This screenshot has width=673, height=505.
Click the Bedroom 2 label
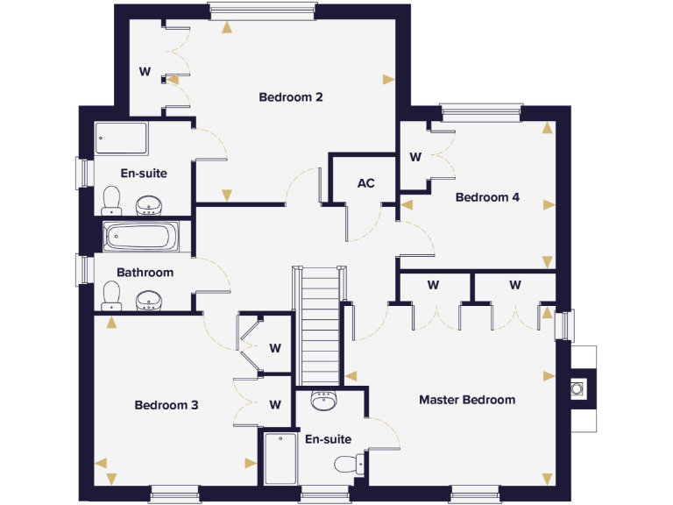(291, 96)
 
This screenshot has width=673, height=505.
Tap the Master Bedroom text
(466, 400)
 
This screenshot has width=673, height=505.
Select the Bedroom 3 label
(166, 405)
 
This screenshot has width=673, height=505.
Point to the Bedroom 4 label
(487, 197)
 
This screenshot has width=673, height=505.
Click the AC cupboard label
(365, 183)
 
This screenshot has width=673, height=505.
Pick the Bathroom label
(145, 273)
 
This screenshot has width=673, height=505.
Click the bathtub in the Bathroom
(140, 236)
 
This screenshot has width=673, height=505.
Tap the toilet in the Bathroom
(111, 295)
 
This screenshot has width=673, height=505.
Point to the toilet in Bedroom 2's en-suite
(111, 200)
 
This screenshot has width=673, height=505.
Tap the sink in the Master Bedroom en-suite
(323, 402)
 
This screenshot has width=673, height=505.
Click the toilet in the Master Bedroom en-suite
(346, 464)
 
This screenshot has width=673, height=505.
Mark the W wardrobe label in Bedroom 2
(145, 72)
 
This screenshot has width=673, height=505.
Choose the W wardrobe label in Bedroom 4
(415, 158)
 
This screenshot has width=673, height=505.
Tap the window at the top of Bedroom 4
(481, 111)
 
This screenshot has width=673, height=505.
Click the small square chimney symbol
(578, 388)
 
